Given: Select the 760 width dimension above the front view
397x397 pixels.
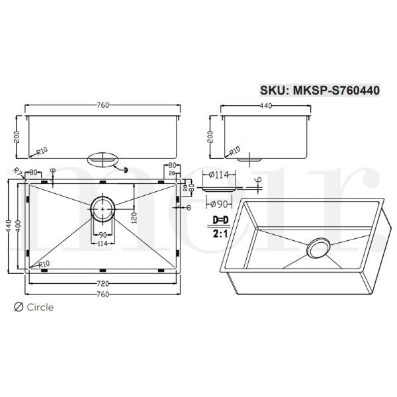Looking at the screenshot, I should tap(103, 106).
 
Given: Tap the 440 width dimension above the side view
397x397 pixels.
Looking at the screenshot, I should tap(265, 106).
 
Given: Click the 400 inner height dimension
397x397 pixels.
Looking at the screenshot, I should tap(19, 226).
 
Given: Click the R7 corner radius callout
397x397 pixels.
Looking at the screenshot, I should tap(19, 173).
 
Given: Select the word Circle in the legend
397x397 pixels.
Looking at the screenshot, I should tap(40, 307).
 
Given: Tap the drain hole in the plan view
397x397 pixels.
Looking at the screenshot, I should tap(103, 207).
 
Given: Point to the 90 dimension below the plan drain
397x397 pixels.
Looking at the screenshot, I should tap(103, 236).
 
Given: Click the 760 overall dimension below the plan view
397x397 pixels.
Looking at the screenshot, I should tap(102, 294).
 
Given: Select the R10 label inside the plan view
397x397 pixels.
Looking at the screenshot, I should tap(44, 264).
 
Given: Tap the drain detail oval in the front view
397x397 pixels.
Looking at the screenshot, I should tap(103, 159).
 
